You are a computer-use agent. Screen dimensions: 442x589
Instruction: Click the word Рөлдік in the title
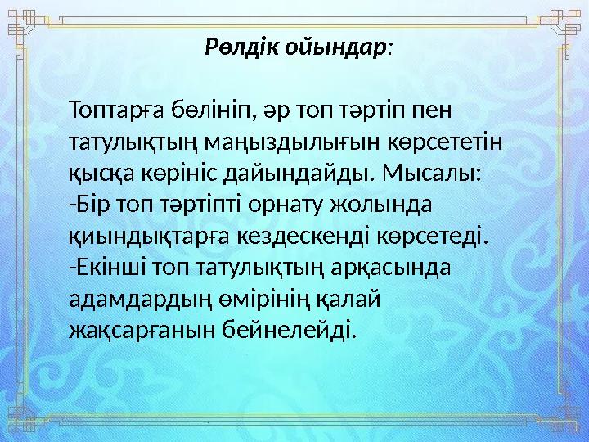[x=242, y=47]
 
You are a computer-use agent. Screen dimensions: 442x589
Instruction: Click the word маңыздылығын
[x=255, y=142]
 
